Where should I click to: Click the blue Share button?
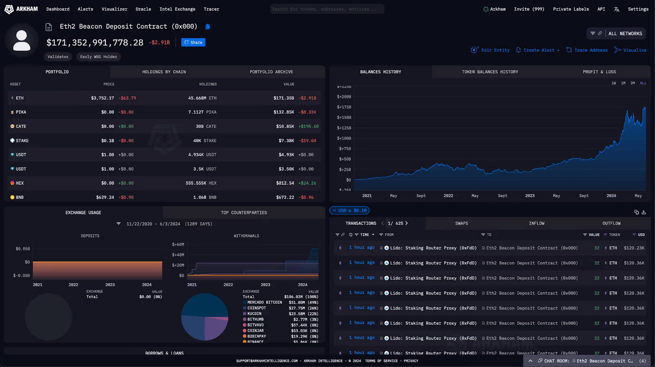click(193, 42)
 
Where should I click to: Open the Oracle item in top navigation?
click(143, 9)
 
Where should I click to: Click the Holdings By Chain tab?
click(164, 72)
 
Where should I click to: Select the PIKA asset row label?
click(20, 112)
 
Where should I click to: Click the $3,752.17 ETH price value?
click(102, 98)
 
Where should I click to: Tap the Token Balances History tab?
click(490, 72)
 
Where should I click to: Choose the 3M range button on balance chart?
click(632, 83)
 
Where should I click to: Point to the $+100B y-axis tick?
click(344, 138)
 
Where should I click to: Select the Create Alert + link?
click(538, 50)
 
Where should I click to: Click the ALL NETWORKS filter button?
click(625, 34)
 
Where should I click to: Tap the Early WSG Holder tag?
click(98, 57)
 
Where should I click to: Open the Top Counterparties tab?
click(244, 212)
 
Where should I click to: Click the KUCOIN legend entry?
click(254, 314)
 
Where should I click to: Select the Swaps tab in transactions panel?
click(461, 223)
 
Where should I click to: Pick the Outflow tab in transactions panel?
click(611, 223)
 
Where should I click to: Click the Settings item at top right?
click(638, 9)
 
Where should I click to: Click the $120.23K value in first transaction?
click(634, 248)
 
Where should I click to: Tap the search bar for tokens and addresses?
click(327, 9)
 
